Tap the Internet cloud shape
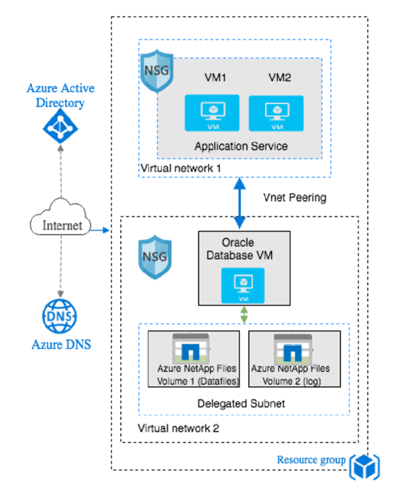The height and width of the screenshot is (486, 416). [x=60, y=225]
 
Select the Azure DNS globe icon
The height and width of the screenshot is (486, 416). [x=60, y=316]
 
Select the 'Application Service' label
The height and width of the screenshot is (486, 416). [x=241, y=146]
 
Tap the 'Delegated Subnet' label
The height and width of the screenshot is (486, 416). [x=243, y=403]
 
